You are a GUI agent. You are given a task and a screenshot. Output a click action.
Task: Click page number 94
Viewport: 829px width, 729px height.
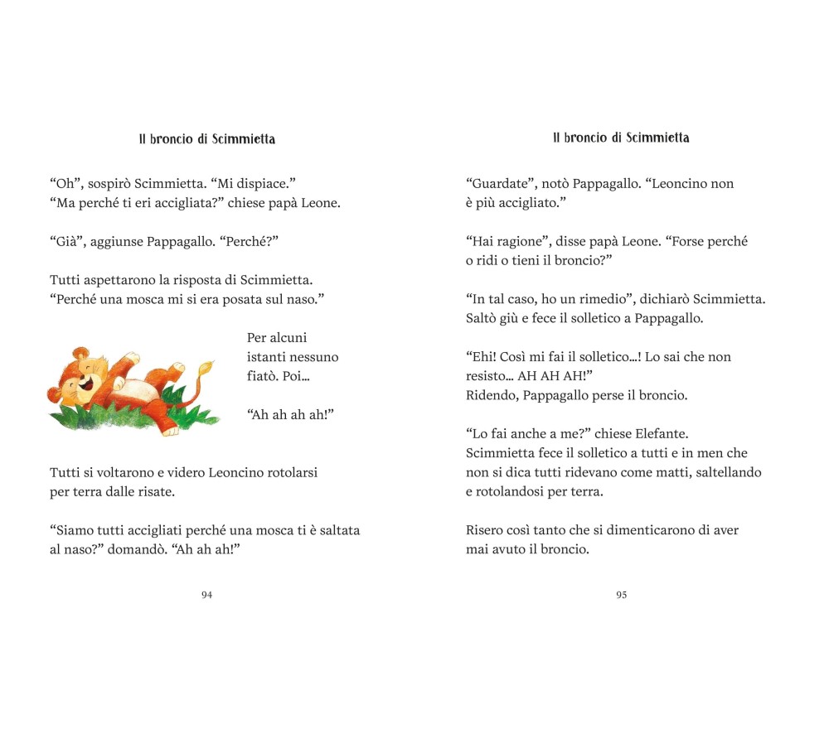coord(206,595)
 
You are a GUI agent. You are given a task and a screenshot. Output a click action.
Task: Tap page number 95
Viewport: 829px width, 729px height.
coord(621,595)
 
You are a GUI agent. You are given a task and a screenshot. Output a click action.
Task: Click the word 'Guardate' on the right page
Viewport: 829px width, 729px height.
coord(500,184)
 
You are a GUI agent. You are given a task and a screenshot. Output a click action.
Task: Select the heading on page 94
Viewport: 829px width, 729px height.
coord(206,139)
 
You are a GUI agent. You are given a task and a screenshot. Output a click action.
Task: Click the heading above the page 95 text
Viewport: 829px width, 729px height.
coord(621,138)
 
